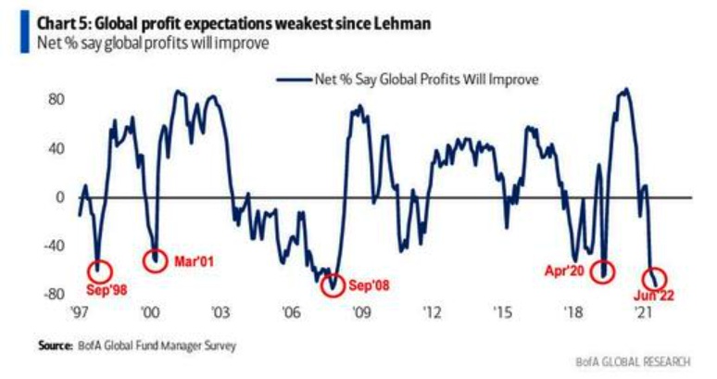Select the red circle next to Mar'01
[155, 259]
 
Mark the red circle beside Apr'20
[605, 271]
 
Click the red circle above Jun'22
[654, 278]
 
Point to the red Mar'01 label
[194, 260]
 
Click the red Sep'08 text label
[369, 285]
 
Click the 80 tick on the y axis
[57, 99]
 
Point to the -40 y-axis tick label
[54, 246]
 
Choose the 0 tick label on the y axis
[60, 196]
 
